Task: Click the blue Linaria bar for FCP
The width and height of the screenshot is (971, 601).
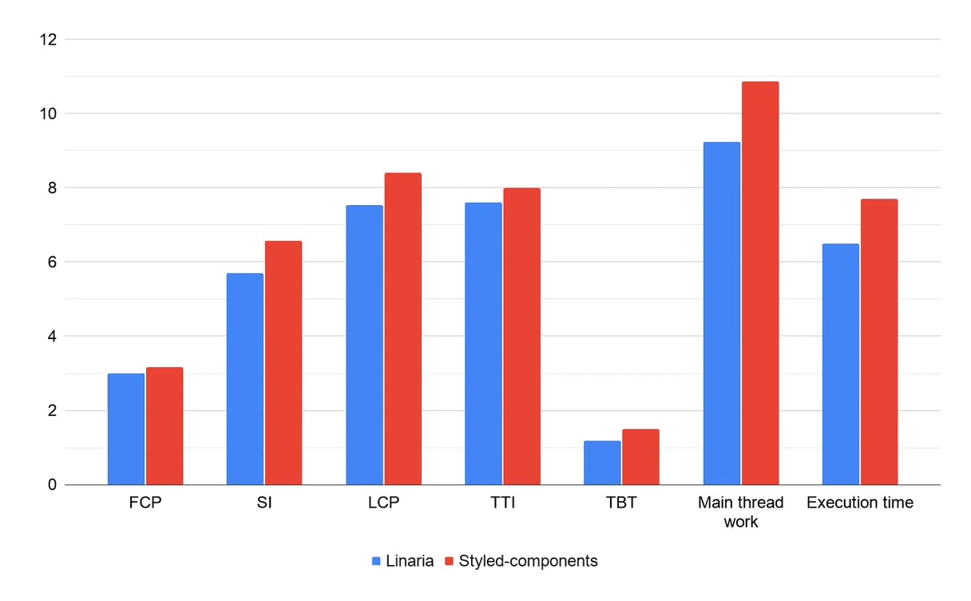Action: pos(126,429)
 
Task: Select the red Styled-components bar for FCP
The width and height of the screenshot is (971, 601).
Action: pos(164,426)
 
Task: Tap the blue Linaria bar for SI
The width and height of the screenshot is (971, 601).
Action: pos(245,379)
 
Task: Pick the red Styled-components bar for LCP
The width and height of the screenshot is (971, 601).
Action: pos(402,329)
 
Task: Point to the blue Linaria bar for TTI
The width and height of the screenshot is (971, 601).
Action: pos(483,344)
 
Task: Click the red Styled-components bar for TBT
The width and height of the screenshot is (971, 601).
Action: pos(640,457)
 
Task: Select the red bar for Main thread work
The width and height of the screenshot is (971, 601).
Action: pos(759,283)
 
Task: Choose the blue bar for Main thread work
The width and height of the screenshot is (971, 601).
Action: pos(721,314)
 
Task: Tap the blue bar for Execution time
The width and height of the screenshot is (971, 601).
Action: pos(840,364)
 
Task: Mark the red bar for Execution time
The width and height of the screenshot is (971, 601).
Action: pos(878,342)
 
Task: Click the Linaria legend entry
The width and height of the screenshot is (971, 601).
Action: pos(402,561)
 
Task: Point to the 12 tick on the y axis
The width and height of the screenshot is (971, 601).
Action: pos(49,39)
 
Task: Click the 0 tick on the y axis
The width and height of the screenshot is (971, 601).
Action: pos(53,484)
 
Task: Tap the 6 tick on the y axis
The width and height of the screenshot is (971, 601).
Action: pos(53,262)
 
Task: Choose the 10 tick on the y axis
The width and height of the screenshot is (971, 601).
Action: pos(49,113)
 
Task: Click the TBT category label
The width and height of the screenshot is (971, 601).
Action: pos(621,504)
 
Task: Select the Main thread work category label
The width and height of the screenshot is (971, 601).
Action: pos(740,512)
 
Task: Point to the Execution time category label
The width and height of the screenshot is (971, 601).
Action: pos(859,504)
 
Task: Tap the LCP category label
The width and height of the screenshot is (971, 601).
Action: pos(383,504)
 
